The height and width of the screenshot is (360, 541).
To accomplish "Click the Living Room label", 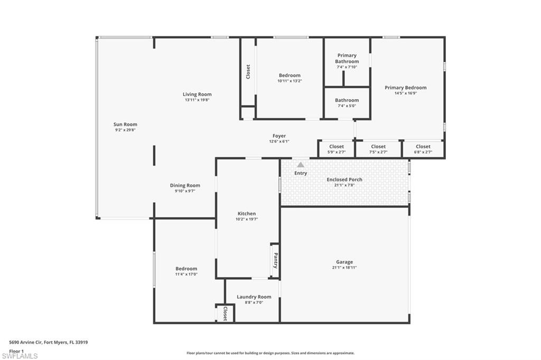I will pyautogui.click(x=197, y=94).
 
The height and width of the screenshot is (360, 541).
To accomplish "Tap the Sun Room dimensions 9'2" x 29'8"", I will pyautogui.click(x=125, y=130).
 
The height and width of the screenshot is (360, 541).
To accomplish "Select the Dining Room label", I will pyautogui.click(x=185, y=185).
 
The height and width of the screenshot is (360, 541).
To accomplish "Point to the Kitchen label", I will pyautogui.click(x=247, y=213).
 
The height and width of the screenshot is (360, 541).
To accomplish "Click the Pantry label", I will pyautogui.click(x=275, y=259).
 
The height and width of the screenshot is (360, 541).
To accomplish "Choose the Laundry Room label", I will pyautogui.click(x=254, y=297).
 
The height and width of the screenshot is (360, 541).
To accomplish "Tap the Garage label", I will pyautogui.click(x=344, y=262).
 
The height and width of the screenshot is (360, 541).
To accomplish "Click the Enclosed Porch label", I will pyautogui.click(x=344, y=179).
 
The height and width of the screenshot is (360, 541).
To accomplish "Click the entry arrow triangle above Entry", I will pyautogui.click(x=301, y=165).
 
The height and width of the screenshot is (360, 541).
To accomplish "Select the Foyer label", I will pyautogui.click(x=279, y=136).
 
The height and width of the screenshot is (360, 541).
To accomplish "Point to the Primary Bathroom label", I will pyautogui.click(x=347, y=58).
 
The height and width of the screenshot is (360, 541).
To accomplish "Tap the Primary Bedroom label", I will pyautogui.click(x=405, y=88).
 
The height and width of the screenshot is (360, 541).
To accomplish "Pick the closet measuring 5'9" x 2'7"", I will pyautogui.click(x=337, y=149).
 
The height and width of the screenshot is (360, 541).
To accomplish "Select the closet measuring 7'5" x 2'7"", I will pyautogui.click(x=378, y=149).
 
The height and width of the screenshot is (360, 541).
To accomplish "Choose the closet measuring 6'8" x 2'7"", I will pyautogui.click(x=423, y=149).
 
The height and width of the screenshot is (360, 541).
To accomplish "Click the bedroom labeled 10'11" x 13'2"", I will pyautogui.click(x=290, y=78).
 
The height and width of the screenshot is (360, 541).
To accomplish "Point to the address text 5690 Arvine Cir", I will pyautogui.click(x=32, y=342).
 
